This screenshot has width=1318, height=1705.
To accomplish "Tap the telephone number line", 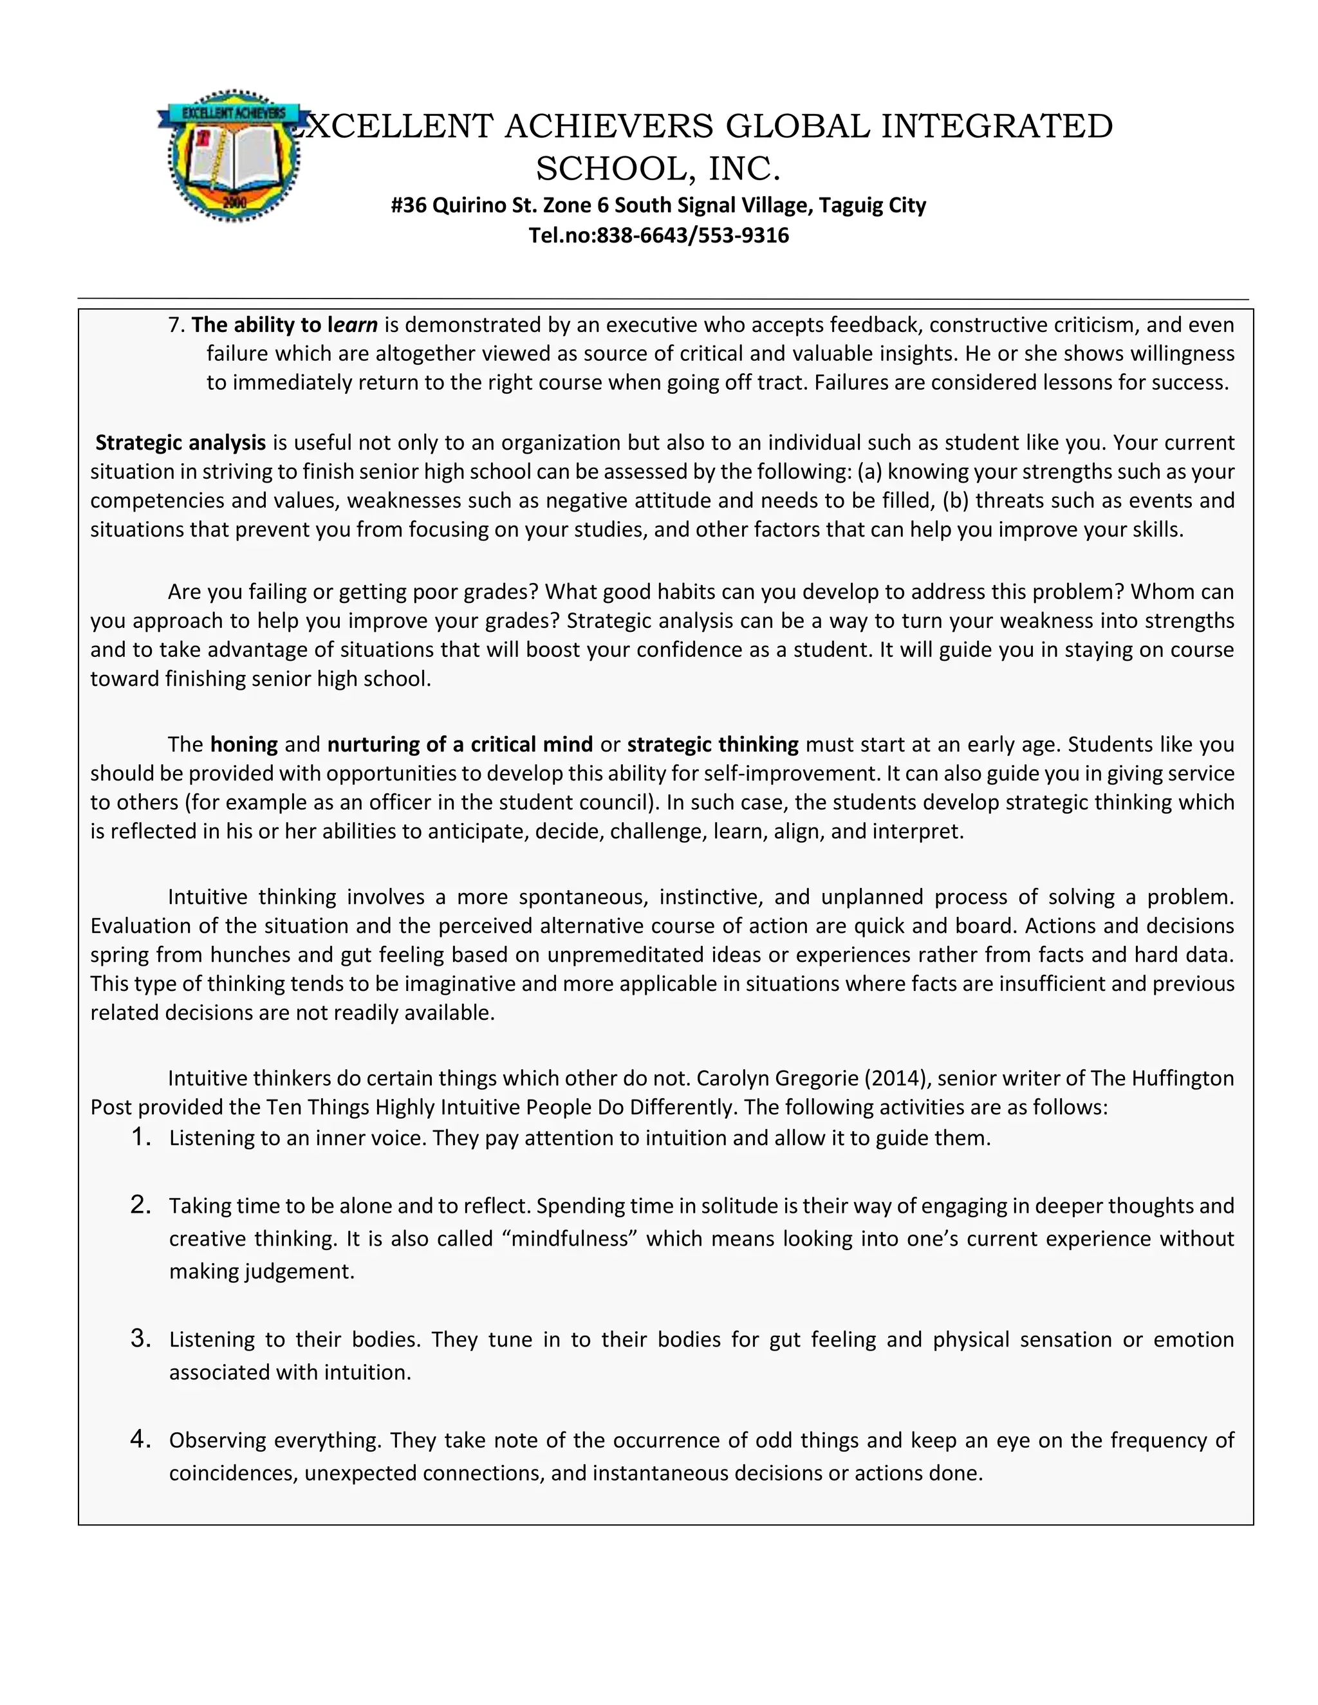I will click(x=658, y=235).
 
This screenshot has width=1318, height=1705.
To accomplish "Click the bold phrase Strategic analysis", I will click(x=180, y=443).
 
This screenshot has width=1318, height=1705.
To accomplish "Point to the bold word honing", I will click(x=244, y=744).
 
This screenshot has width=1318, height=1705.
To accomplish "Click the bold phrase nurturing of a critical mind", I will click(x=460, y=744).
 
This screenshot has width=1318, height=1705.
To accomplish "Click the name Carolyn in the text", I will click(x=733, y=1078).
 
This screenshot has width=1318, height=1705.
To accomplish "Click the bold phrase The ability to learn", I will click(x=284, y=324).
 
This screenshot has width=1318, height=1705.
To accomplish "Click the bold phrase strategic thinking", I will click(x=712, y=744).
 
